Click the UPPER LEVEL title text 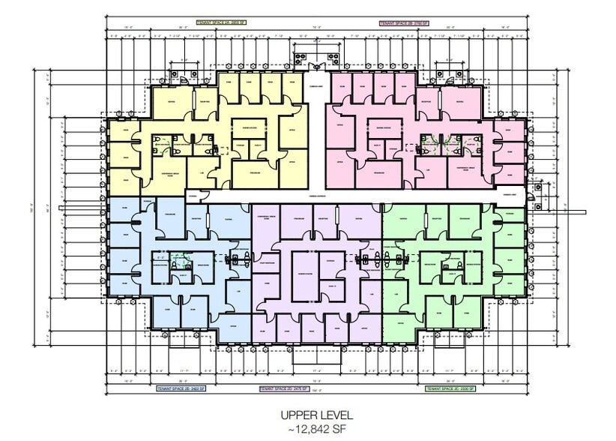[x=308, y=414]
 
